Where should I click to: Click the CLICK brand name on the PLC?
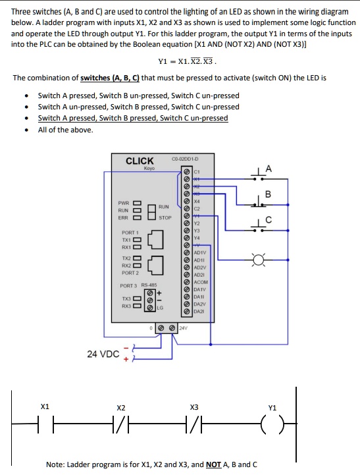click(x=140, y=161)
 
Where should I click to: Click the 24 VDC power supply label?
click(x=103, y=354)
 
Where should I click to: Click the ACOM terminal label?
click(x=200, y=300)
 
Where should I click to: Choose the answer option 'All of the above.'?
click(x=65, y=129)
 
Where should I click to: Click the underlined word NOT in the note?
click(x=213, y=464)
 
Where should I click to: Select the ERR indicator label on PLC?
click(x=123, y=217)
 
